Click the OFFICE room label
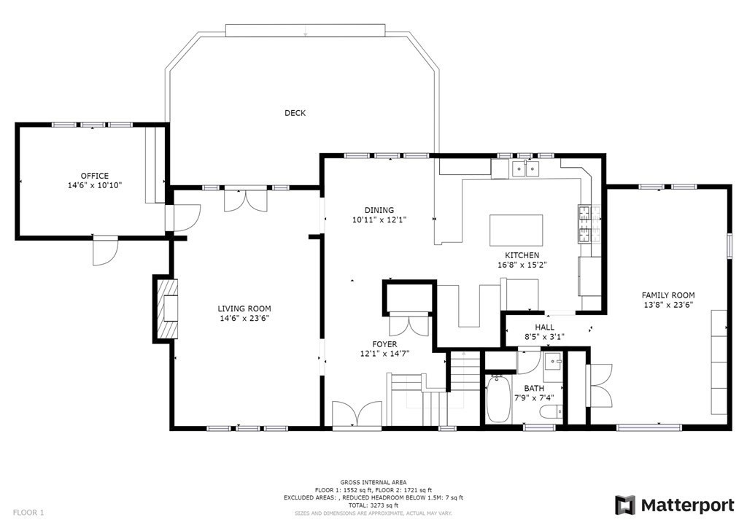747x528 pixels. tap(95, 176)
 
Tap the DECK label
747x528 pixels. tap(295, 113)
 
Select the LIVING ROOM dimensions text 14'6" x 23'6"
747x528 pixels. tap(250, 318)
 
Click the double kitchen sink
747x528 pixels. tap(525, 171)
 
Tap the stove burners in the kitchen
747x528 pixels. tap(585, 223)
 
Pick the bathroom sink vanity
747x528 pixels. tap(551, 362)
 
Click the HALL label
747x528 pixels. tap(544, 327)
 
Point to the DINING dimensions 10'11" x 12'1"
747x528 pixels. tap(379, 220)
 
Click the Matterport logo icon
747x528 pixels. tap(625, 505)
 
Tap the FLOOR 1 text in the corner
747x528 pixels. tap(28, 513)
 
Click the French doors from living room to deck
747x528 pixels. tap(240, 198)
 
